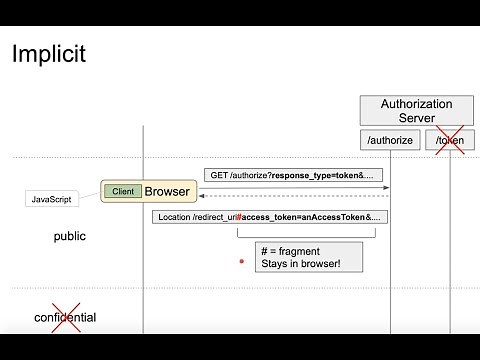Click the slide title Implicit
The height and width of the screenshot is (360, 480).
(x=47, y=54)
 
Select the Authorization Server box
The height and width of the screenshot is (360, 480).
(x=417, y=111)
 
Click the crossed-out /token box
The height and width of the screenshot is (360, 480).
(x=450, y=141)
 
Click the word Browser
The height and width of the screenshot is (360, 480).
(x=167, y=191)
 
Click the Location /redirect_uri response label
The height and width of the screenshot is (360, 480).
(x=271, y=216)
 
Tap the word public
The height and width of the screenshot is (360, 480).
(x=70, y=237)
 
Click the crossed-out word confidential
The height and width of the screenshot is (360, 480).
(x=65, y=318)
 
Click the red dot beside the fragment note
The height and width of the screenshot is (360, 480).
(x=242, y=261)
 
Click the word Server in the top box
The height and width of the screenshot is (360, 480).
(x=417, y=118)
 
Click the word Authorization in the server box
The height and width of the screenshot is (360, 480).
(x=417, y=104)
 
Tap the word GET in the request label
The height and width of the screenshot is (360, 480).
(x=219, y=174)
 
